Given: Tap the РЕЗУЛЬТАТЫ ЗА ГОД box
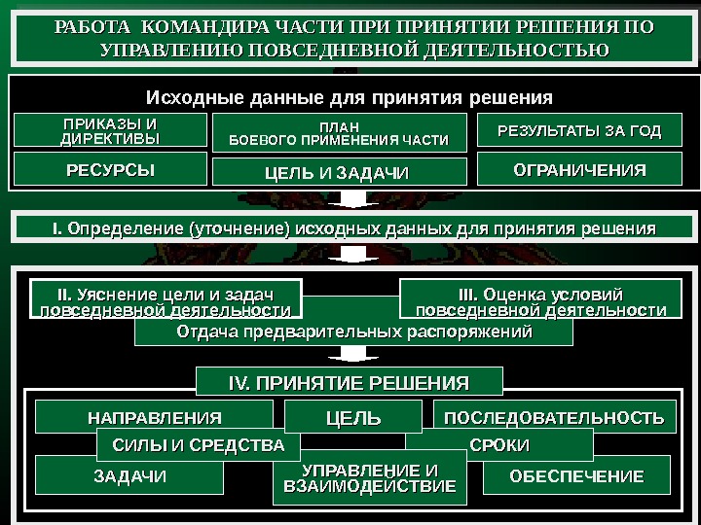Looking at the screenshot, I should pyautogui.click(x=579, y=131).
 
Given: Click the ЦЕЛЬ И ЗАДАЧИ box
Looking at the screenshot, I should pyautogui.click(x=339, y=173).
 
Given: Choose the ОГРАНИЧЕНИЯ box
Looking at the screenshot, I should pyautogui.click(x=579, y=170).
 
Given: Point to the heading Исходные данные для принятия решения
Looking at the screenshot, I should pyautogui.click(x=349, y=98).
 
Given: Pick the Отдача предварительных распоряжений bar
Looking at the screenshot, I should pyautogui.click(x=353, y=332).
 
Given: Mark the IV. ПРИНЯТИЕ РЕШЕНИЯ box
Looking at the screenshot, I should pyautogui.click(x=349, y=381).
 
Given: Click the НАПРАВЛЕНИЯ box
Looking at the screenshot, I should pyautogui.click(x=155, y=417).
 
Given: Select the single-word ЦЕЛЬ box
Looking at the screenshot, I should pyautogui.click(x=352, y=419).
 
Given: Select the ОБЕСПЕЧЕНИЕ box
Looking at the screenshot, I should pyautogui.click(x=576, y=475).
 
